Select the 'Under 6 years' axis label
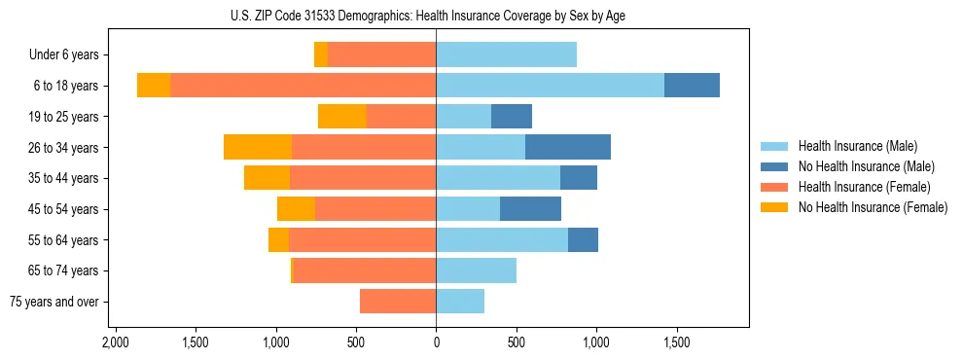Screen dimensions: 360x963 [x=63, y=55]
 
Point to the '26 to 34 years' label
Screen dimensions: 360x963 [x=63, y=148]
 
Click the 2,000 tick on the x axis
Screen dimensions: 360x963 [x=116, y=342]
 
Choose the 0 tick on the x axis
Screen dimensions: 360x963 [x=436, y=342]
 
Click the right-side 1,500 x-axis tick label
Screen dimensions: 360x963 [x=676, y=342]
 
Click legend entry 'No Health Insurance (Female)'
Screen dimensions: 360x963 [x=873, y=207]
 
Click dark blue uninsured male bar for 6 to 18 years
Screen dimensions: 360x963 [x=692, y=86]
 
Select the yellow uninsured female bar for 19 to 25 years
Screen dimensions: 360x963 [x=342, y=117]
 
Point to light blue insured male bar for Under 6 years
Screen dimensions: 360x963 [x=506, y=55]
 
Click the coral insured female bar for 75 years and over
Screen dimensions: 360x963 [x=398, y=302]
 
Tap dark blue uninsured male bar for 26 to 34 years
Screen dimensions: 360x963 [x=568, y=148]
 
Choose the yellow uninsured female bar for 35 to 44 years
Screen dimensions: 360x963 [x=267, y=178]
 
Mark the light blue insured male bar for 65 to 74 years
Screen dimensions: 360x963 [x=476, y=270]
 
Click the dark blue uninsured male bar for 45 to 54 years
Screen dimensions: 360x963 [x=530, y=209]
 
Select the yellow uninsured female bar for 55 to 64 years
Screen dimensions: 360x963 [x=278, y=240]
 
